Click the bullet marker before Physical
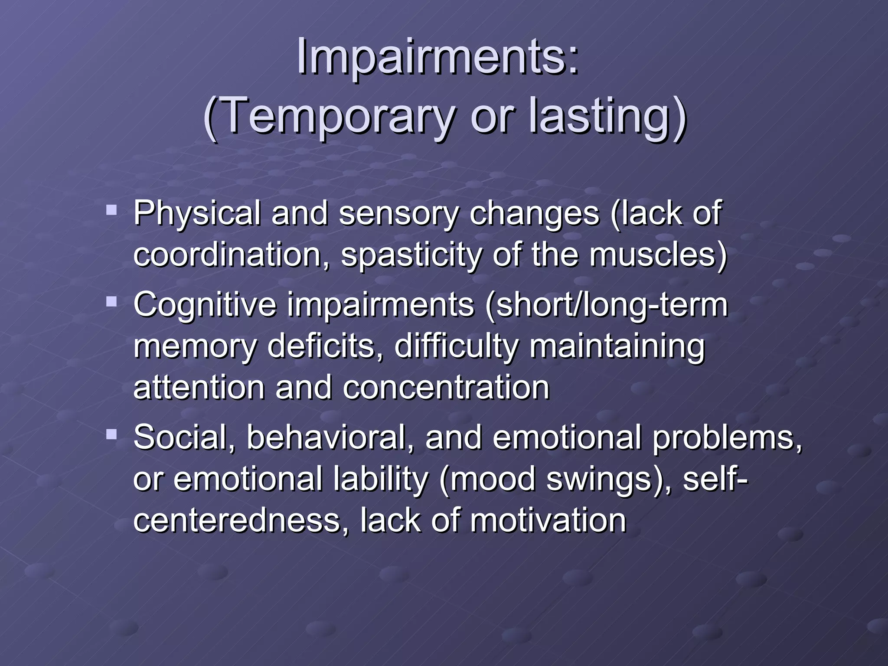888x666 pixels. click(111, 211)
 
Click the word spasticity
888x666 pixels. click(411, 255)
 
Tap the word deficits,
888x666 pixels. click(325, 346)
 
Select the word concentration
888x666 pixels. click(446, 387)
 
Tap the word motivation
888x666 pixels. click(548, 520)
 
